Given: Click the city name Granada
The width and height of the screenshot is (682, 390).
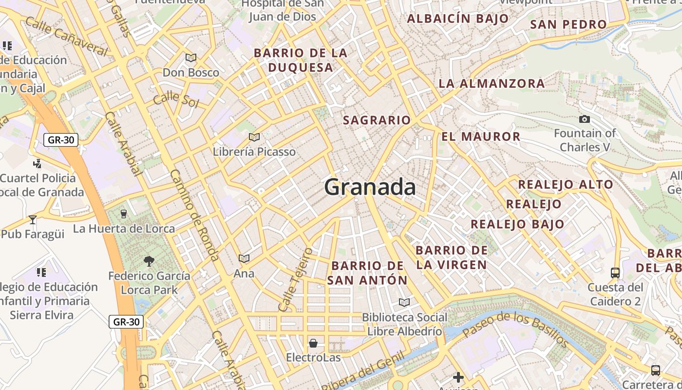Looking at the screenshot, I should (370, 187).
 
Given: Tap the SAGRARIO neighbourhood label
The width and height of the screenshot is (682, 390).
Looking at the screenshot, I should (377, 120).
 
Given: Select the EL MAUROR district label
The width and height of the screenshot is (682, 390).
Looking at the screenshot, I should (481, 136).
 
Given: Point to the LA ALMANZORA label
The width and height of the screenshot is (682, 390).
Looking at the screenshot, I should (492, 83).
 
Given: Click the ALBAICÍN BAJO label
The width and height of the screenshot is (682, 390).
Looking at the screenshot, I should (457, 19).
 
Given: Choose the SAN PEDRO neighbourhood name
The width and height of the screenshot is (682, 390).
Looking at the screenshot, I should (568, 24).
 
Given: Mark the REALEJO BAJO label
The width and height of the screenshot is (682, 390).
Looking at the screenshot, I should (517, 224).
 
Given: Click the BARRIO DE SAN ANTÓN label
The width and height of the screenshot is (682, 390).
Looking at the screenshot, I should (368, 273).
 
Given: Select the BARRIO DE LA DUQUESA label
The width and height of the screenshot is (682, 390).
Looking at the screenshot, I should (301, 60).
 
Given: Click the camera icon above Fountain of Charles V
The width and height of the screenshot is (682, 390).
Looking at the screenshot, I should (584, 119).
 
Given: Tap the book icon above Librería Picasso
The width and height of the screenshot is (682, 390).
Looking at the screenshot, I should (254, 137).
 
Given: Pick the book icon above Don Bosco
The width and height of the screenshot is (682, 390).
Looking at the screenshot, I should (191, 58).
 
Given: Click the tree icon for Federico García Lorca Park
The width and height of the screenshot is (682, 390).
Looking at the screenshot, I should (149, 261).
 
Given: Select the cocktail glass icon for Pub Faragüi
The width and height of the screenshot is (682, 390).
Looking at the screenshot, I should (33, 220).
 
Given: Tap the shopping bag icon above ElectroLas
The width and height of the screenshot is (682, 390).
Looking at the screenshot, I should (313, 343).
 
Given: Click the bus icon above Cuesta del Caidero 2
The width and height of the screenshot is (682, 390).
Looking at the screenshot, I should (615, 273).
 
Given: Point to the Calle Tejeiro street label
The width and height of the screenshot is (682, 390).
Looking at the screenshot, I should (294, 280).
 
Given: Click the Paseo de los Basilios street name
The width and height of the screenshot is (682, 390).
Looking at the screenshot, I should (515, 330).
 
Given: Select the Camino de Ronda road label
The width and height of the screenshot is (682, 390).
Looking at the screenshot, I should (194, 215).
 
